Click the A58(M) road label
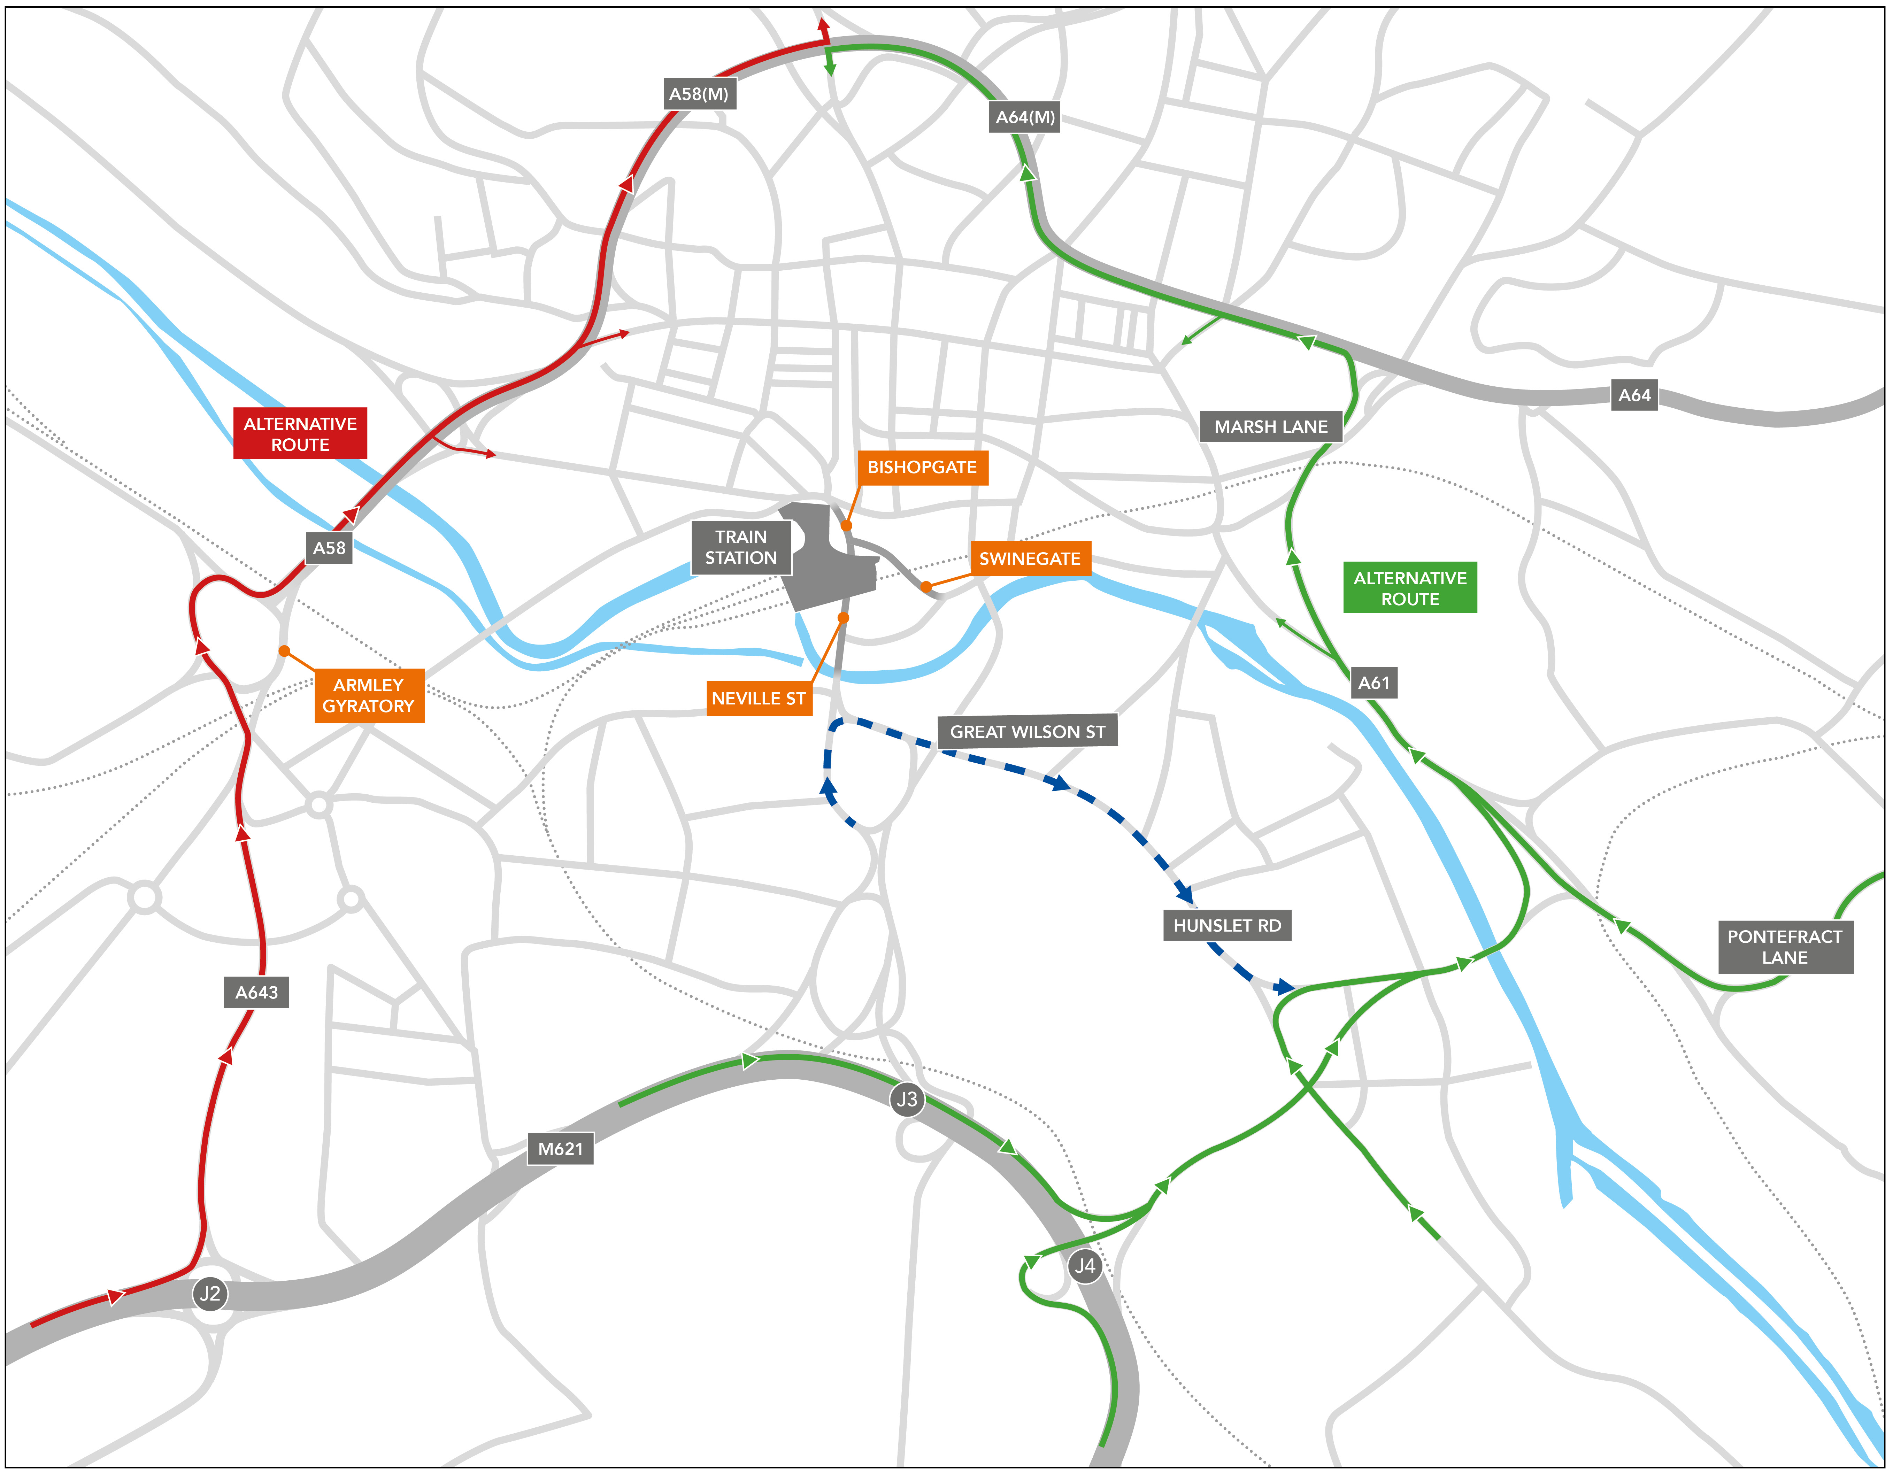click(699, 94)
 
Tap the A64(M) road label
click(1025, 117)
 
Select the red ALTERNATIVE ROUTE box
click(300, 433)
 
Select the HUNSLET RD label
click(1226, 925)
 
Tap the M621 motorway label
click(561, 1149)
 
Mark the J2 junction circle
click(210, 1294)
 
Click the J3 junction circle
click(907, 1100)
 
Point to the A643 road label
click(256, 992)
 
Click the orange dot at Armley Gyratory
click(284, 651)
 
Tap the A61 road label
click(1374, 683)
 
